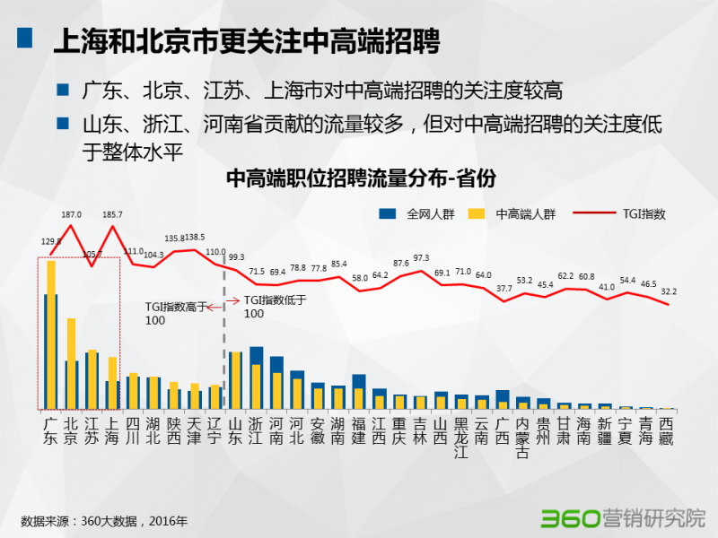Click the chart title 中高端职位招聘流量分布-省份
pos(360,178)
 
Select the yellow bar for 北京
pos(72,363)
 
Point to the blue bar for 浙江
pos(257,355)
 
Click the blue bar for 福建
pos(359,381)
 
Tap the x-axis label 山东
pos(236,431)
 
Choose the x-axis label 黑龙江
pos(461,438)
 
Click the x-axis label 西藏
pos(666,431)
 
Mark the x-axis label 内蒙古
pos(522,438)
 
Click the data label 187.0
pos(71,215)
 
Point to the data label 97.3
pos(421,258)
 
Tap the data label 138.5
pos(196,238)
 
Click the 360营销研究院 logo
pos(622,517)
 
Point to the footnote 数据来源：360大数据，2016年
pos(104,520)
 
